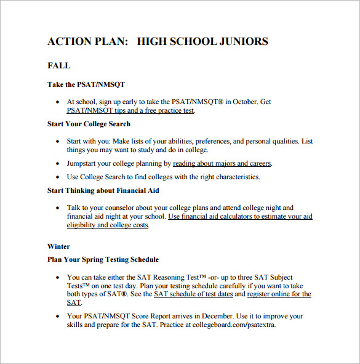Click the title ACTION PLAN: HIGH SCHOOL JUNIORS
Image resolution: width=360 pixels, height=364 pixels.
tap(158, 42)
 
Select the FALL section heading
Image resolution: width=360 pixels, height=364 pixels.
tap(59, 65)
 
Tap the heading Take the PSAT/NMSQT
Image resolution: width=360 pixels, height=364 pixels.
tap(86, 84)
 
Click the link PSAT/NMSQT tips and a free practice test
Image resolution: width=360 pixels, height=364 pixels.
tap(130, 111)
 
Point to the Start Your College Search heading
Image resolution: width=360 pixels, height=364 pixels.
tap(89, 124)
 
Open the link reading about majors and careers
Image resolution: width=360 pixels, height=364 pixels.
tap(222, 164)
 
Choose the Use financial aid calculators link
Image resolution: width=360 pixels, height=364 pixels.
tap(240, 217)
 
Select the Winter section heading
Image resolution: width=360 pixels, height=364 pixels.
tap(59, 246)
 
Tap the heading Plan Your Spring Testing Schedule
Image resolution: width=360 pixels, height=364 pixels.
tap(103, 259)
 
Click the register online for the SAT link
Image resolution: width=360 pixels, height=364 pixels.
tap(279, 294)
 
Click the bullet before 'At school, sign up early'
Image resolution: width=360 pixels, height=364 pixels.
tap(58, 102)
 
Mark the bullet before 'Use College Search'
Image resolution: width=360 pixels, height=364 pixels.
tap(58, 177)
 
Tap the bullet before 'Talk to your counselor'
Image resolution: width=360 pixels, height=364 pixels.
tap(58, 208)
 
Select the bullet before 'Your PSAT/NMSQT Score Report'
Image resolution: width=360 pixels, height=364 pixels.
tap(58, 317)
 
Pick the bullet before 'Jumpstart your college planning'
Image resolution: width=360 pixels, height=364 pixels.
tap(58, 164)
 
